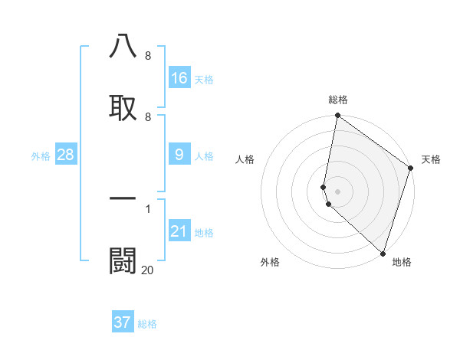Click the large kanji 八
[x=123, y=47]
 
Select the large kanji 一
[x=123, y=198]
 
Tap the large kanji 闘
[x=123, y=260]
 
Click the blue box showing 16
[x=179, y=78]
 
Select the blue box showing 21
[x=179, y=231]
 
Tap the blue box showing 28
[x=66, y=155]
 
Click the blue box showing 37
[x=123, y=322]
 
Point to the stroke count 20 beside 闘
[x=147, y=270]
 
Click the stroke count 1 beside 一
[x=147, y=208]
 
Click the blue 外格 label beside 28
[x=41, y=156]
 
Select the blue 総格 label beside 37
[x=147, y=324]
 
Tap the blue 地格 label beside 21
[x=204, y=233]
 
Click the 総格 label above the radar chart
[x=338, y=100]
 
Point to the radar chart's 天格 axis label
[x=431, y=159]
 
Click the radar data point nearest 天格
[x=411, y=169]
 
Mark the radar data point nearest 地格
[x=383, y=254]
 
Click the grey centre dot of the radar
[x=338, y=191]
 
